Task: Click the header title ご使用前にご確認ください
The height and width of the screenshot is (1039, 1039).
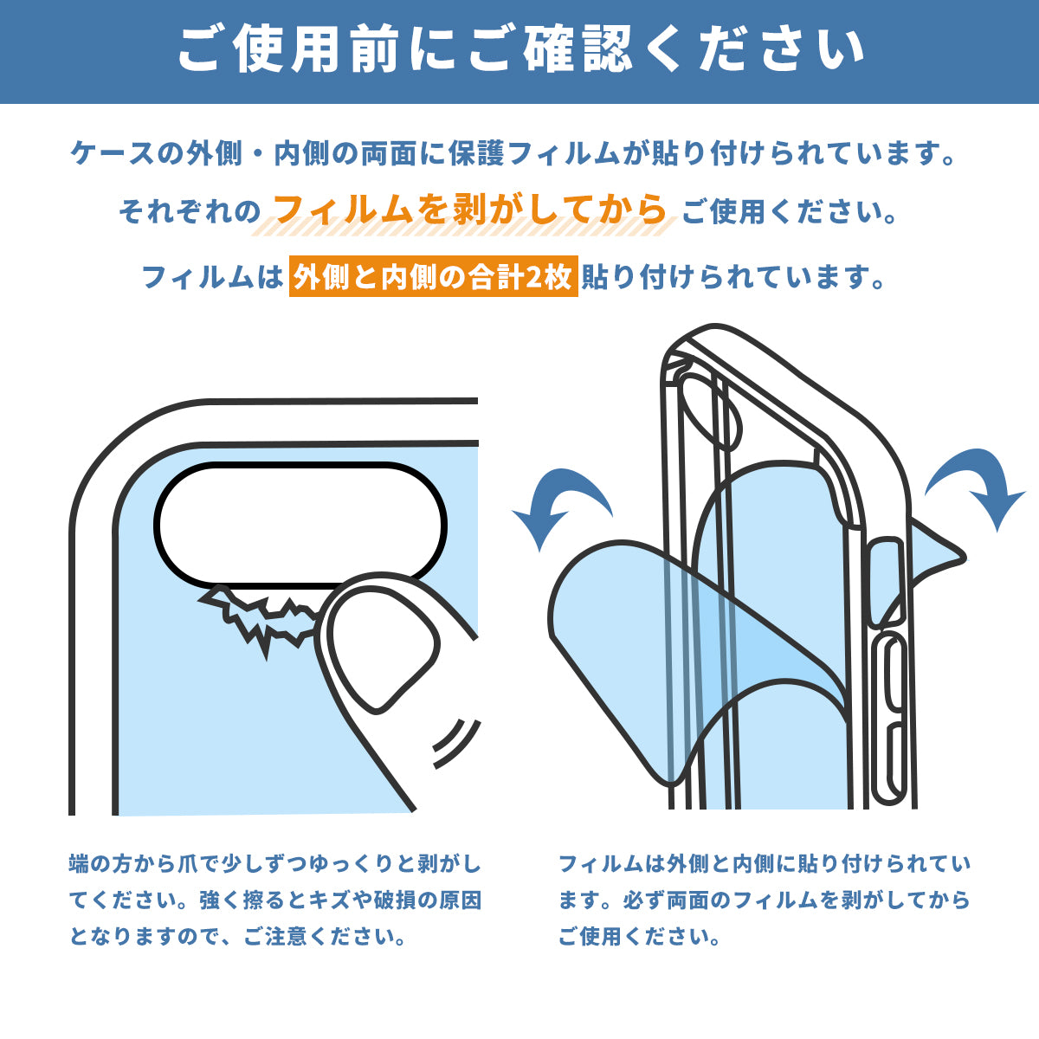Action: coord(519,50)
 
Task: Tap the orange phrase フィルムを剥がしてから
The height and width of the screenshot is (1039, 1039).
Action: coord(470,210)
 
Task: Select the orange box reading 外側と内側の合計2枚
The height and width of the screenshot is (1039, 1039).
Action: coord(433,277)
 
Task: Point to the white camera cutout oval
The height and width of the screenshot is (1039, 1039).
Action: coord(300,525)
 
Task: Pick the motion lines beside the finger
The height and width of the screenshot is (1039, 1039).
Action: coord(455,740)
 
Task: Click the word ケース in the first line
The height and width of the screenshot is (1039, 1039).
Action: coord(113,154)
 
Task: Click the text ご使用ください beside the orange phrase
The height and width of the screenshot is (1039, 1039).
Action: coord(788,211)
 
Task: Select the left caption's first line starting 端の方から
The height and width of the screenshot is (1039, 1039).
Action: coord(274,863)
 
